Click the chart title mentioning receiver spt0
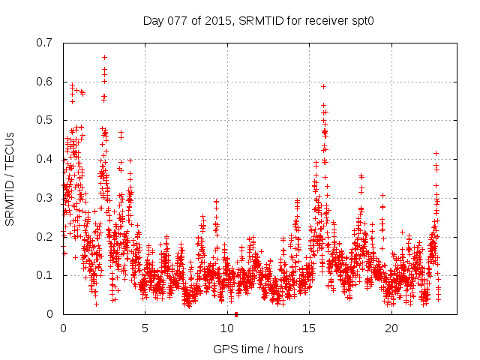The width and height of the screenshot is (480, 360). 258,20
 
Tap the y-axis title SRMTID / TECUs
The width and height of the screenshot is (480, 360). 10,178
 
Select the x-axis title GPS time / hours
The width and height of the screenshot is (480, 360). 258,349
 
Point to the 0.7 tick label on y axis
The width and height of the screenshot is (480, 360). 46,42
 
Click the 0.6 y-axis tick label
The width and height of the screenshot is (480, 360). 46,81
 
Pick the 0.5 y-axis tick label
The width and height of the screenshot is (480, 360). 46,120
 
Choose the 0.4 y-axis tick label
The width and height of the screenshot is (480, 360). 46,159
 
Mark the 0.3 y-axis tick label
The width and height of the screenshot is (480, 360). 46,198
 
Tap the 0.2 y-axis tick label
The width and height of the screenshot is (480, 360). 46,236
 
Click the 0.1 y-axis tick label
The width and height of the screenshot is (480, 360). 46,275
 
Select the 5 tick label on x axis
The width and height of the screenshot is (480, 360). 145,328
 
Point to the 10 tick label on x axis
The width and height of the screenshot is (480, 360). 227,328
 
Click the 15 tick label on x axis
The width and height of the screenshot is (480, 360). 310,328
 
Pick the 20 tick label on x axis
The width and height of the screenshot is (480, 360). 392,328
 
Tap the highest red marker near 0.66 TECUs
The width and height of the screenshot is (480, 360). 105,57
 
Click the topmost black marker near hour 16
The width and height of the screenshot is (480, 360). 323,86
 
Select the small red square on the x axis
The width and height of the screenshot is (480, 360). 236,313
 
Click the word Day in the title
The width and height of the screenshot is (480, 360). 152,20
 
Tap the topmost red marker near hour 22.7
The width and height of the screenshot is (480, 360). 436,153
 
